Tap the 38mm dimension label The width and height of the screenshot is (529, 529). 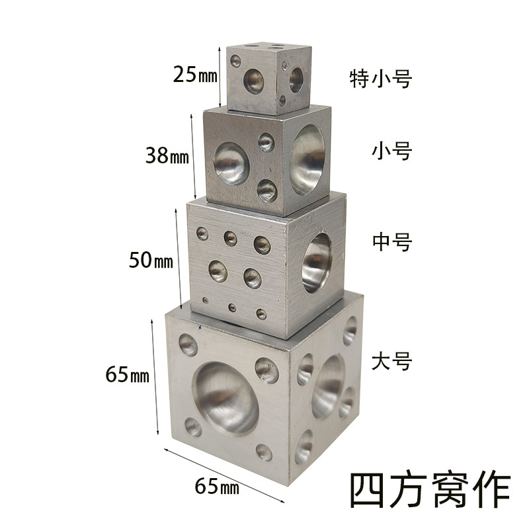pyautogui.click(x=167, y=157)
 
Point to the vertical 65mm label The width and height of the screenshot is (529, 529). pyautogui.click(x=128, y=376)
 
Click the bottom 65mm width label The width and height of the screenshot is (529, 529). pyautogui.click(x=216, y=489)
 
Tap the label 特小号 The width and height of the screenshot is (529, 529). pyautogui.click(x=381, y=79)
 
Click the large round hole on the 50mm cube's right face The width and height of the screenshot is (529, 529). pyautogui.click(x=318, y=263)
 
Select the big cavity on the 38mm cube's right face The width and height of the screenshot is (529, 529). pyautogui.click(x=309, y=154)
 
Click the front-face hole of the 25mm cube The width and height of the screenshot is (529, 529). pyautogui.click(x=253, y=81)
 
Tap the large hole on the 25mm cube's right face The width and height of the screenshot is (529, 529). pyautogui.click(x=296, y=80)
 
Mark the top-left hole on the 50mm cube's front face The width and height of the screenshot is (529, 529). pyautogui.click(x=202, y=233)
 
